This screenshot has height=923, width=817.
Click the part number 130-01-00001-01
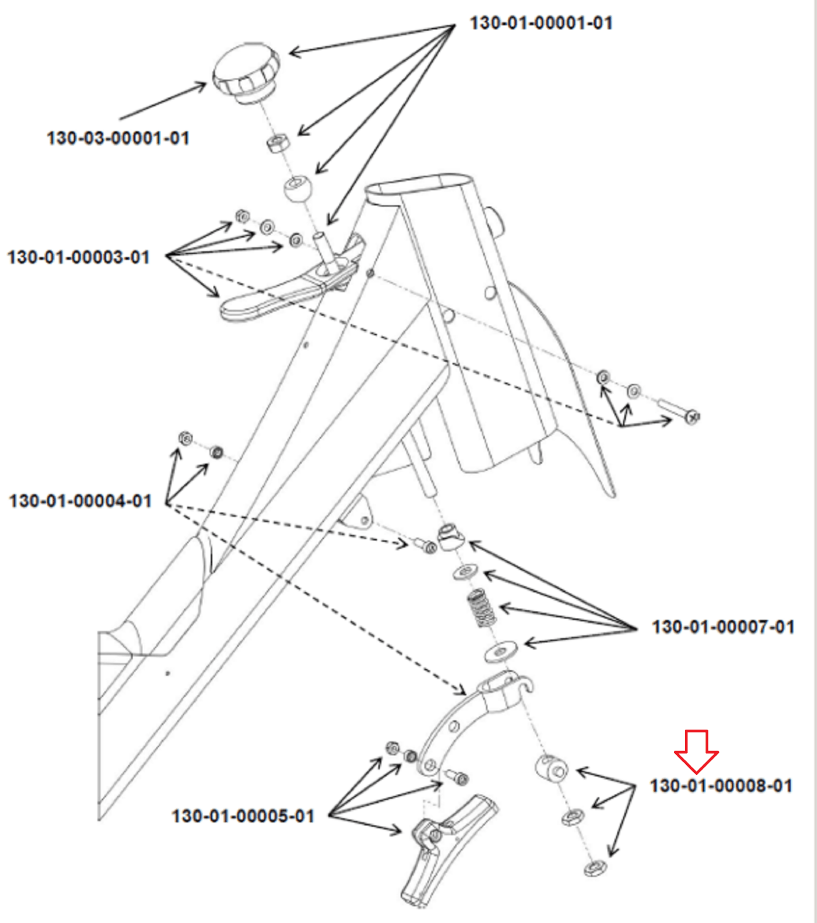click(541, 23)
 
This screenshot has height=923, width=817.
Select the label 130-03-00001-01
click(118, 138)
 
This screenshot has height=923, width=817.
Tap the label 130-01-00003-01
click(78, 257)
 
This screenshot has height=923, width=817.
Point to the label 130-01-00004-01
click(80, 501)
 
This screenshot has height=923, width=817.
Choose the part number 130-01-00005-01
click(243, 816)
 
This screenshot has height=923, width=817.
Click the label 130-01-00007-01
click(723, 627)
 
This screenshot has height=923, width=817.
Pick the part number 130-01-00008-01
click(721, 786)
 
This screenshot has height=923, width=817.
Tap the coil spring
click(482, 609)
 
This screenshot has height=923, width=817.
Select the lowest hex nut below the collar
click(594, 867)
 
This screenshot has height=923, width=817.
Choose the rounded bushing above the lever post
click(298, 189)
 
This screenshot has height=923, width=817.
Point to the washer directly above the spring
click(466, 572)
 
